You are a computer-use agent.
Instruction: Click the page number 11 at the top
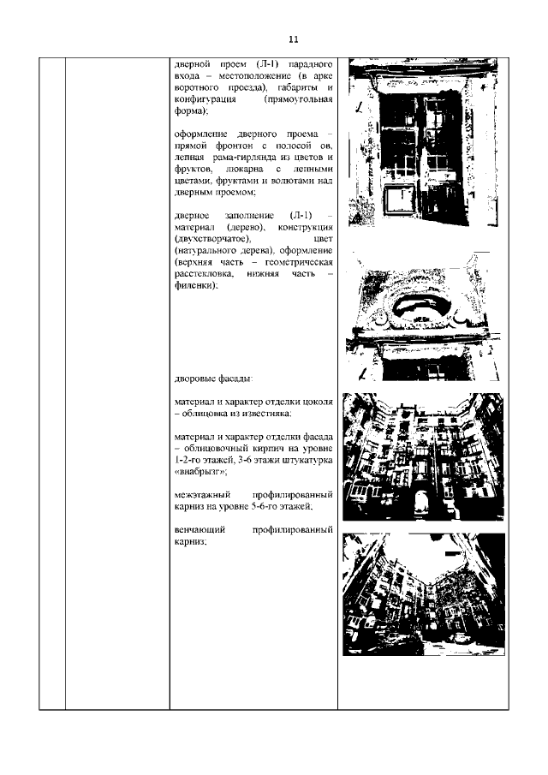pos(293,39)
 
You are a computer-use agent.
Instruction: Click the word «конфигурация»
pos(205,100)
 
